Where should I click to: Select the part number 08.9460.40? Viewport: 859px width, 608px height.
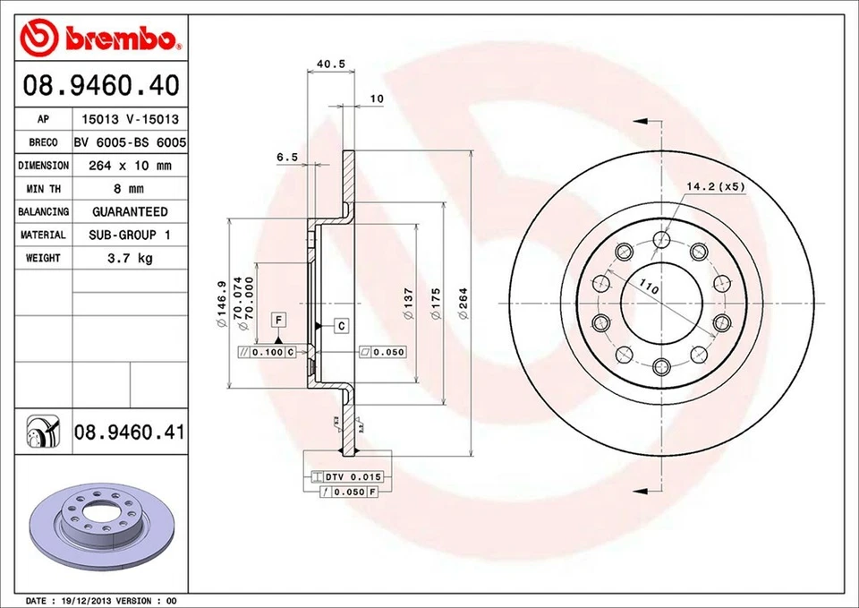tap(101, 86)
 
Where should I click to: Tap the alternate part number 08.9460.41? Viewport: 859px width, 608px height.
tap(129, 432)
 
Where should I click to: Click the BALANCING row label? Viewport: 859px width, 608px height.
tap(43, 212)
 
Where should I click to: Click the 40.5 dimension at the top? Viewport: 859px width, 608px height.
tap(331, 64)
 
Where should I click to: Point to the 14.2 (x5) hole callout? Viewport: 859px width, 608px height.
tap(715, 186)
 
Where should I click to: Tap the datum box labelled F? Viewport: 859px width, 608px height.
tap(279, 320)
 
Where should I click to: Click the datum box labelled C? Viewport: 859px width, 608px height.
tap(342, 325)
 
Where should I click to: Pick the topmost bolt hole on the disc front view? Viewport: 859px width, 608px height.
tap(661, 239)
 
